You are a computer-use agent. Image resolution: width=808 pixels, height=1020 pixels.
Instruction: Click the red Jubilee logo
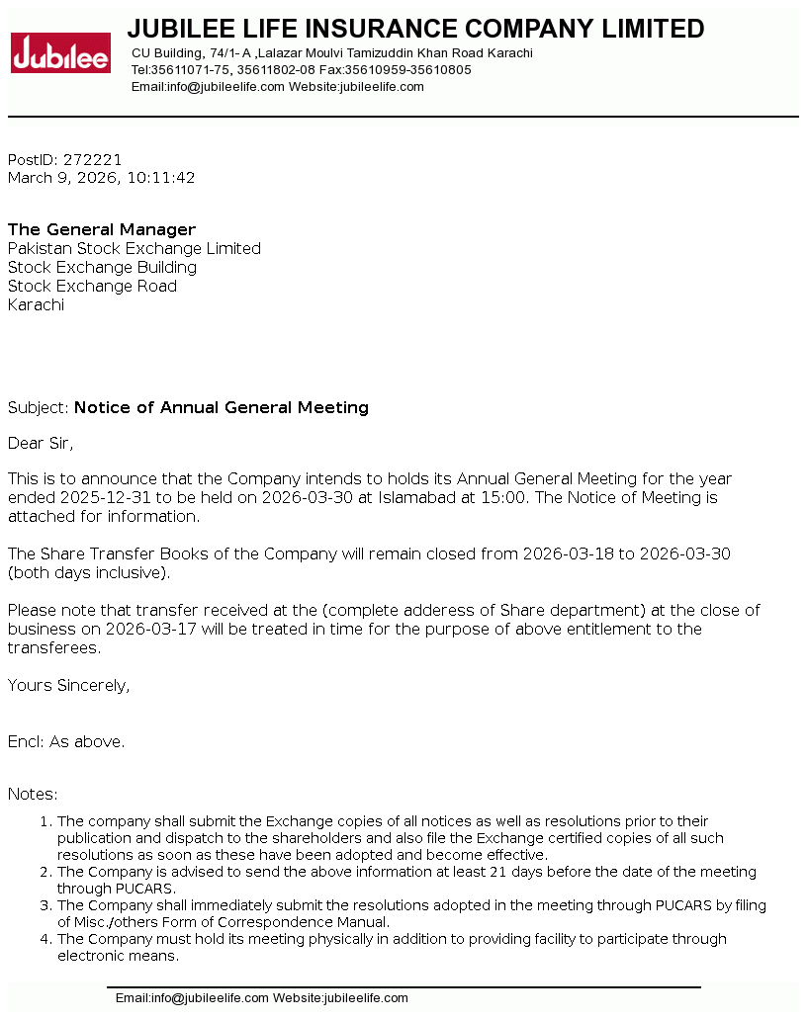(x=60, y=53)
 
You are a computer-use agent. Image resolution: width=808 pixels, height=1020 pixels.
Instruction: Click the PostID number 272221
(x=92, y=160)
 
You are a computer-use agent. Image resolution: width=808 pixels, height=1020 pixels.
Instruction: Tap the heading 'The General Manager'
(x=102, y=230)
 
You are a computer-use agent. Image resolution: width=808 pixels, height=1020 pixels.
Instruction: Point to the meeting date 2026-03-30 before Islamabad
(x=307, y=498)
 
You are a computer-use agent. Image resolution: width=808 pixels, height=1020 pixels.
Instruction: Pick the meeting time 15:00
(x=502, y=498)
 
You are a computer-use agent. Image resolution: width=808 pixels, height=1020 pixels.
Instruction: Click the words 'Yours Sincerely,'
(x=68, y=686)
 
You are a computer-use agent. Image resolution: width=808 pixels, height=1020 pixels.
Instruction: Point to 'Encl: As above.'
(x=66, y=742)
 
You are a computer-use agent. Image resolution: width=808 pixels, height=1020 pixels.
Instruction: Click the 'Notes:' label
(x=33, y=795)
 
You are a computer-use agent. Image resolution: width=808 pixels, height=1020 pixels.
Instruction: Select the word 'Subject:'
(x=39, y=408)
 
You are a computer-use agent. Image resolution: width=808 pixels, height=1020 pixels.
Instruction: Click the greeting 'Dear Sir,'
(x=41, y=443)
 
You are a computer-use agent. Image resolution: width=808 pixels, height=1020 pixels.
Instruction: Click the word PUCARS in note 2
(x=116, y=889)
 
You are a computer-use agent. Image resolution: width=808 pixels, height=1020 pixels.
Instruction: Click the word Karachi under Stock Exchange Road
(x=36, y=305)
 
